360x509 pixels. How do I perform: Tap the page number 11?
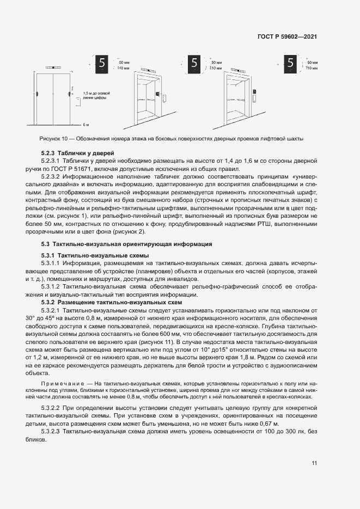pyautogui.click(x=314, y=463)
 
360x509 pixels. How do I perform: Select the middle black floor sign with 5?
pyautogui.click(x=193, y=64)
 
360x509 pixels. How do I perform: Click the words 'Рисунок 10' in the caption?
pyautogui.click(x=53, y=139)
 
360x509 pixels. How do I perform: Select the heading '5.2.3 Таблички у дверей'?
pyautogui.click(x=76, y=152)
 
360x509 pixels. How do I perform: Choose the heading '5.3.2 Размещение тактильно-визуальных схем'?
pyautogui.click(x=111, y=302)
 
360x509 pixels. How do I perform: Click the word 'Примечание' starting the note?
pyautogui.click(x=62, y=384)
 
